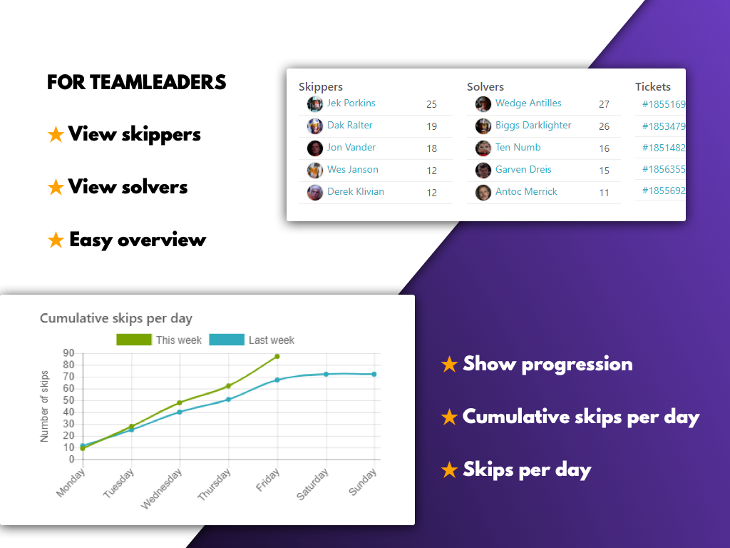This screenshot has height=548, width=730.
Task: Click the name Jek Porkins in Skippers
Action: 351,103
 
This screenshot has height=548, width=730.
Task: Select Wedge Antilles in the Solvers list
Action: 528,103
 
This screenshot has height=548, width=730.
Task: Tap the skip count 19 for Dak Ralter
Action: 431,126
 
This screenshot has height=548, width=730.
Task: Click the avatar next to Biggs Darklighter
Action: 483,126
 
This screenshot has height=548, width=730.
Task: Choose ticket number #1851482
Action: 664,148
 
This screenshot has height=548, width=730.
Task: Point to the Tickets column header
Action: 653,86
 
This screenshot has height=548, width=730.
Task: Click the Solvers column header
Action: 485,86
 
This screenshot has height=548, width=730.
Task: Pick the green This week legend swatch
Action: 134,340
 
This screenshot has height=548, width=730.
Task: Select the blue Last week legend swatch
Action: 227,340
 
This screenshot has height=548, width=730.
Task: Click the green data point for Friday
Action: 277,357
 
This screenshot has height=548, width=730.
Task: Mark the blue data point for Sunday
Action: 374,374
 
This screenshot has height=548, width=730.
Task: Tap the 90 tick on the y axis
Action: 68,352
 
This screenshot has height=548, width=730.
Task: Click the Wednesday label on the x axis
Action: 162,488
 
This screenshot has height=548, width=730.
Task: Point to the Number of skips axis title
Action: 44,406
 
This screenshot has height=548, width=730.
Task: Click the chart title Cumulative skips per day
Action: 116,318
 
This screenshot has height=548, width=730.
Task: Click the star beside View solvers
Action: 56,188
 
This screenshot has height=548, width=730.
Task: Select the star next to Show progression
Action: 449,364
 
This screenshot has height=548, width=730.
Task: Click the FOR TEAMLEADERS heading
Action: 136,82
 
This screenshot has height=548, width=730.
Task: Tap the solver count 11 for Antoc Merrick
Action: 604,193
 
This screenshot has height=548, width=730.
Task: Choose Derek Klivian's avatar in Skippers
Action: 315,193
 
